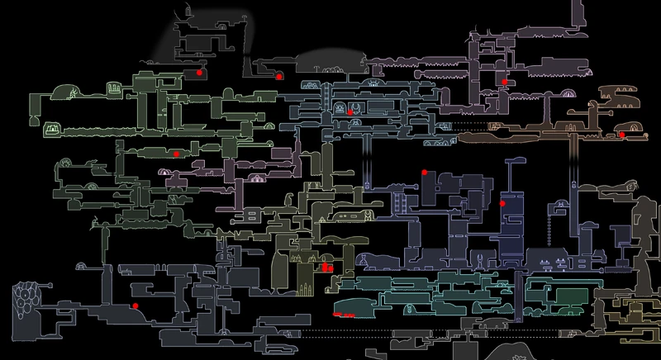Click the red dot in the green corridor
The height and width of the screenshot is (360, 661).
pos(176,154)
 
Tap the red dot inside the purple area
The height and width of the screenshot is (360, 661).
pos(504,82)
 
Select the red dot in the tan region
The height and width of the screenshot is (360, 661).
pos(621,134)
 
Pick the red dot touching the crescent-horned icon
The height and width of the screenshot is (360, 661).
pos(350,111)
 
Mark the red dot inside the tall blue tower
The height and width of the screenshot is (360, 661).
pos(502,202)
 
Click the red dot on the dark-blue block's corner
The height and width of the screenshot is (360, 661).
pos(424,172)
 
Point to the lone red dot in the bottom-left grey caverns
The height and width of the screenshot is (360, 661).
pos(135,306)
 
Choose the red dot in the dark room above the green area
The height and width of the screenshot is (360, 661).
pos(199,73)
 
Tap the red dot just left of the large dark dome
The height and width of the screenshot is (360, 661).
pos(280,76)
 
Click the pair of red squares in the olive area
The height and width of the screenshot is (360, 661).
pos(326,267)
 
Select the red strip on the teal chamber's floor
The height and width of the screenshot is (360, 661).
pos(343,315)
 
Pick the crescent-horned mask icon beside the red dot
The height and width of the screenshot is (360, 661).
pos(356,107)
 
